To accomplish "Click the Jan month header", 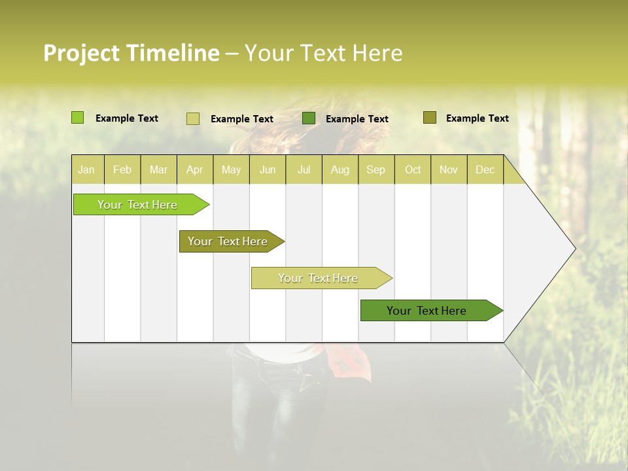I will (87, 170).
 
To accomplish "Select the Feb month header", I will (122, 170).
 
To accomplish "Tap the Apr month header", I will (195, 170).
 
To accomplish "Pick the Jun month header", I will (268, 170).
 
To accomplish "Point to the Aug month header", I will (340, 170).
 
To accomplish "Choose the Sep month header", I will (376, 170).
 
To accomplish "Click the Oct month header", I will (413, 170).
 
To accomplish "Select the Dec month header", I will (485, 170).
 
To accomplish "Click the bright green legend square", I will (78, 118).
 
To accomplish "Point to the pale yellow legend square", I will (193, 118).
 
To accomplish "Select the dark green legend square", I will (309, 118).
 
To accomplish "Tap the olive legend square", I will (430, 118).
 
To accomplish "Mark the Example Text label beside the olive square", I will (477, 118).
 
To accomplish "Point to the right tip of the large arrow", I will (574, 249).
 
